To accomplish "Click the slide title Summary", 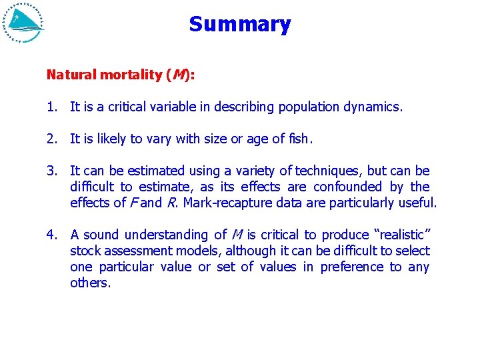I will (x=240, y=25).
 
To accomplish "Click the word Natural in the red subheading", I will (x=71, y=75).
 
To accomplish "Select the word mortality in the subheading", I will (x=130, y=75).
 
